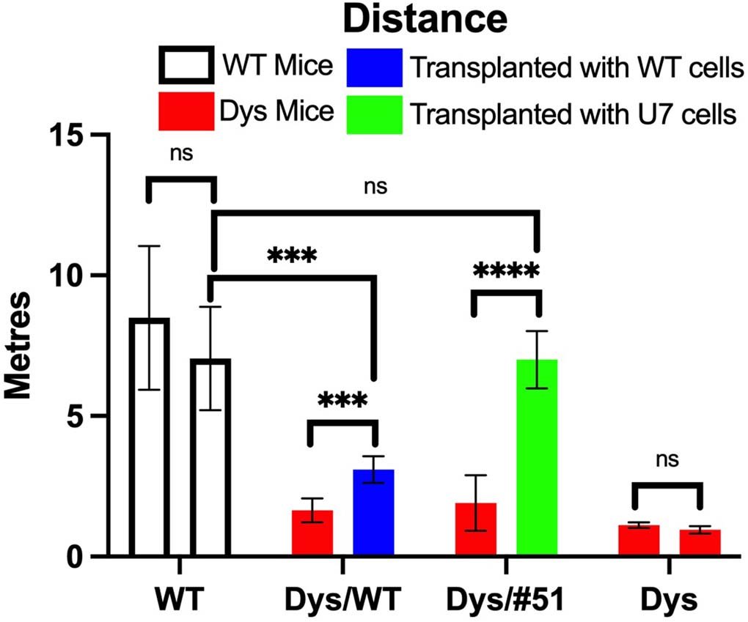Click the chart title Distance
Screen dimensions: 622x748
coord(425,21)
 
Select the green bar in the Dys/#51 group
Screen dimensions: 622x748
coord(538,458)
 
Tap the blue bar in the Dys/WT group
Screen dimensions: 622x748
coord(374,513)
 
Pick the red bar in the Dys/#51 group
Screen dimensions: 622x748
coord(476,530)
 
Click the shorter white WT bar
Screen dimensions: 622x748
coord(210,457)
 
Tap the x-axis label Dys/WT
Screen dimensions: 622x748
coord(342,600)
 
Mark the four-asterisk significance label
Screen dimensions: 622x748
coord(506,270)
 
